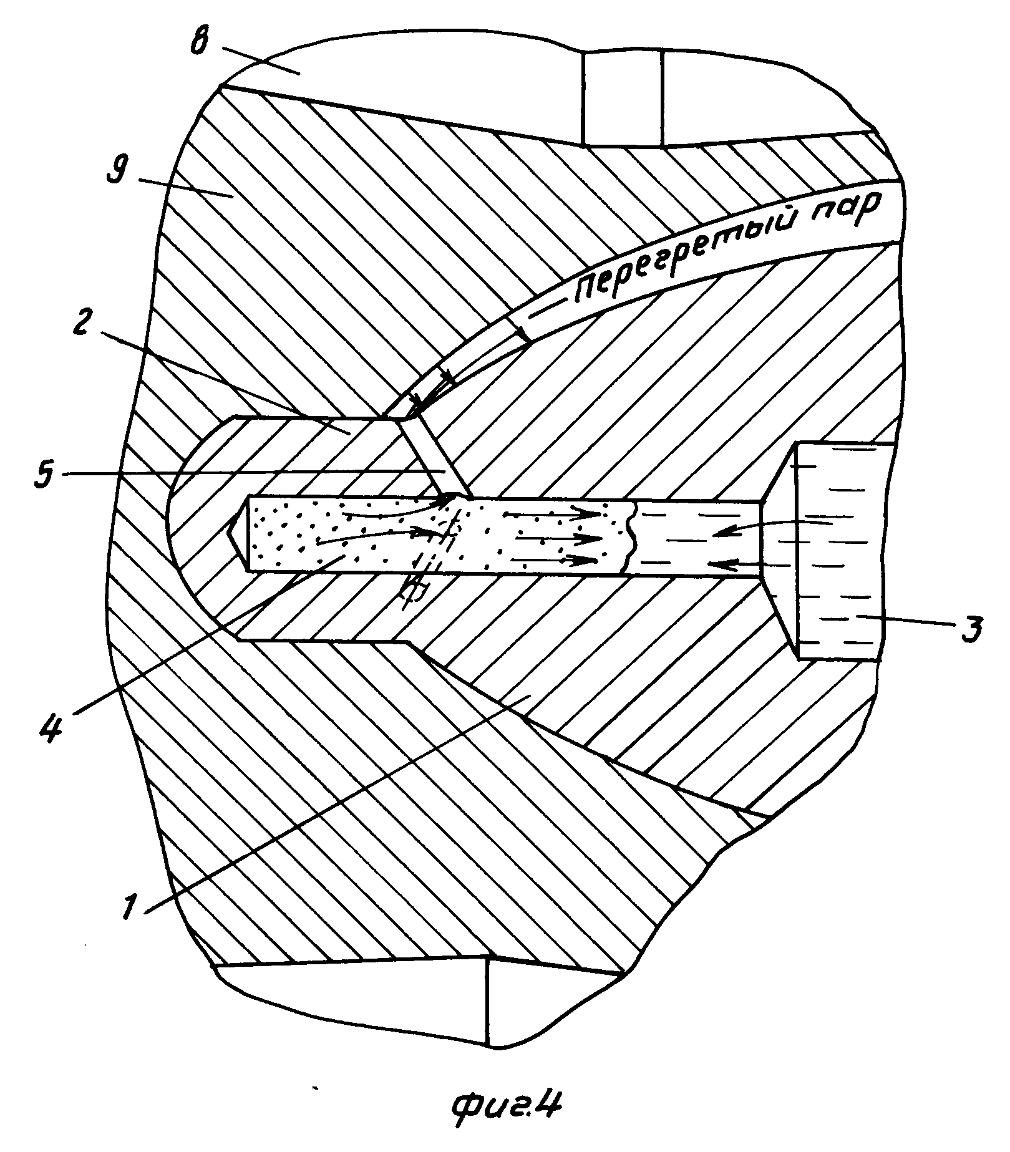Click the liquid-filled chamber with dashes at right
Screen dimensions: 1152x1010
[x=839, y=549]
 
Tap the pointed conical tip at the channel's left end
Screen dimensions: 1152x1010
[x=238, y=534]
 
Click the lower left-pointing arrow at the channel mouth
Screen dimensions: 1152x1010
[x=733, y=566]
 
